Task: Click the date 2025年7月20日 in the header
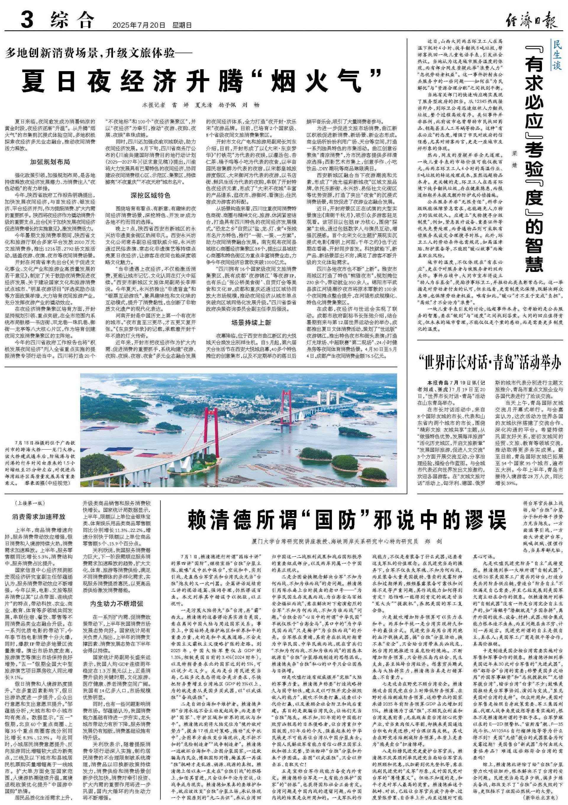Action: point(138,25)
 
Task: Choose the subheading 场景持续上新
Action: point(251,323)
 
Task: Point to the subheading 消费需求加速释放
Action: point(39,517)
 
